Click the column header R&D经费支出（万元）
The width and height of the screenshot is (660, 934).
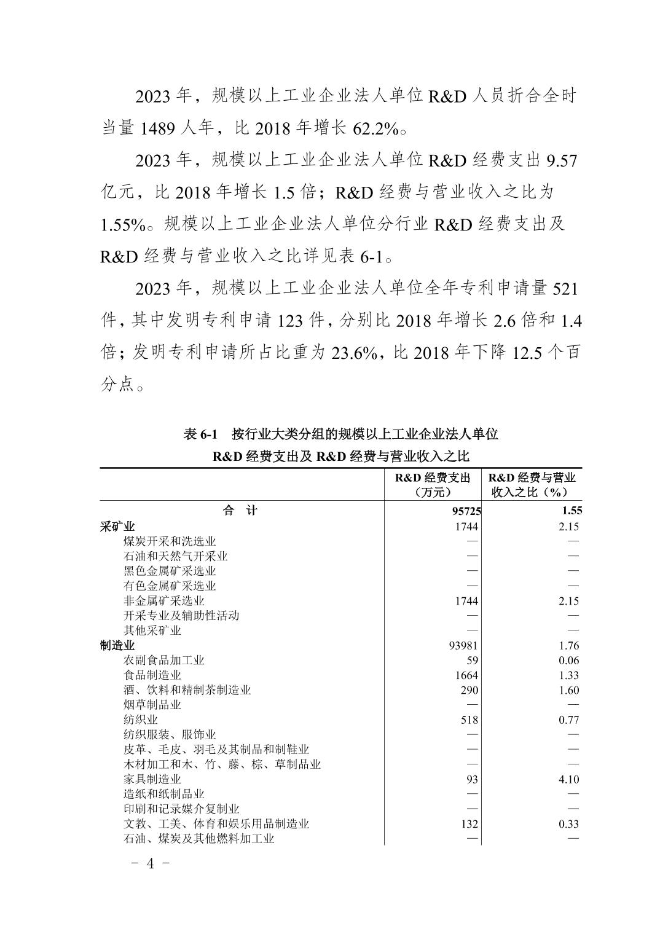(x=433, y=485)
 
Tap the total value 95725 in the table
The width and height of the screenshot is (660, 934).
(x=466, y=511)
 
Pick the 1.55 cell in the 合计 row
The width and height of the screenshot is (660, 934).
(x=571, y=511)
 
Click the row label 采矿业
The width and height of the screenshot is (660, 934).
(x=117, y=527)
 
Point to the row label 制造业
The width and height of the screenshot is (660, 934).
(x=117, y=645)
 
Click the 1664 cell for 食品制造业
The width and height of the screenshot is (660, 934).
(x=466, y=675)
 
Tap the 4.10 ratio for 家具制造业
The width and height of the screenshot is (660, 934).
(x=568, y=779)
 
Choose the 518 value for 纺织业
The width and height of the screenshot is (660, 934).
(x=469, y=720)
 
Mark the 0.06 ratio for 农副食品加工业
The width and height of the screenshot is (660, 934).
(x=568, y=661)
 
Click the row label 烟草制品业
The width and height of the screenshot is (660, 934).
(x=152, y=705)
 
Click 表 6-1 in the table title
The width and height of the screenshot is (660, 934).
(x=201, y=434)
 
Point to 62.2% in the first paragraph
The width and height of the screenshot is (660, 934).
(x=376, y=128)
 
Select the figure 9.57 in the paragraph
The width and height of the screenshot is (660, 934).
(x=561, y=160)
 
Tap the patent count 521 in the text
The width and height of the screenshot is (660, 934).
(x=565, y=288)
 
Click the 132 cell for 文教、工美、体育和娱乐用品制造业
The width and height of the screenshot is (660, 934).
(x=469, y=824)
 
